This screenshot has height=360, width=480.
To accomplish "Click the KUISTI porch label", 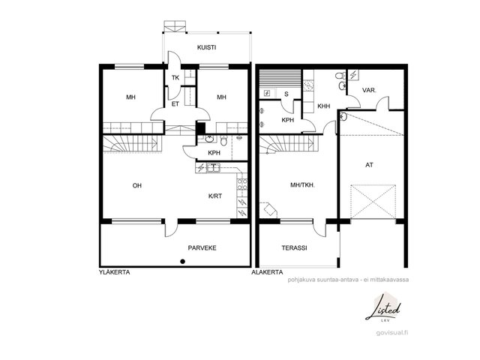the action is [207, 47].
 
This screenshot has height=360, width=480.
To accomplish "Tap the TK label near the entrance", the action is [175, 78].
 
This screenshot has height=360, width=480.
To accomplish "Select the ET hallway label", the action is [175, 104].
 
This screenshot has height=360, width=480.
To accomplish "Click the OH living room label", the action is [137, 185].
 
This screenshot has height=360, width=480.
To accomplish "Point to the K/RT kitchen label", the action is [215, 196].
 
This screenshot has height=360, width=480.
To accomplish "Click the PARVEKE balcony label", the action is [202, 248].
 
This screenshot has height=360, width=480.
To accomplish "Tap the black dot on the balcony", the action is [183, 262].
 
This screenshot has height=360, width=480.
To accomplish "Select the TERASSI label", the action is [295, 248].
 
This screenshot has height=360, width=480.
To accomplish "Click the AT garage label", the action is [370, 165].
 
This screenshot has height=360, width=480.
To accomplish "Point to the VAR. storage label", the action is [369, 90].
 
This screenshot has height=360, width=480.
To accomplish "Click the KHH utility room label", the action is [324, 106].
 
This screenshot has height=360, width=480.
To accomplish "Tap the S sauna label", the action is [286, 94].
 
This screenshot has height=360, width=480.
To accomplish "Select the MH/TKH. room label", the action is [303, 185].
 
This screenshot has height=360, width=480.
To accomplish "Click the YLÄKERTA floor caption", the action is [115, 272].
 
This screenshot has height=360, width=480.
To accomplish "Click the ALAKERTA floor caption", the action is [267, 272].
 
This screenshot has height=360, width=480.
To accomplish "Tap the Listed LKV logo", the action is [383, 308].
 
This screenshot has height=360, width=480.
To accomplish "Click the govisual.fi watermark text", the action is [392, 333].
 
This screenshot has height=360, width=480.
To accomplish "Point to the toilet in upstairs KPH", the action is [223, 140].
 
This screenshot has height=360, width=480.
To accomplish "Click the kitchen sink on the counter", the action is [213, 168].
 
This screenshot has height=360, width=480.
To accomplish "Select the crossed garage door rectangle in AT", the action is [373, 202].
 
